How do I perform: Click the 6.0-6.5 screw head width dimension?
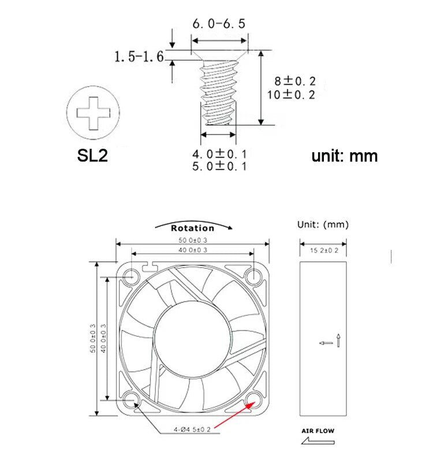(x=219, y=24)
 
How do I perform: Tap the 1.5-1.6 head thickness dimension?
(x=139, y=57)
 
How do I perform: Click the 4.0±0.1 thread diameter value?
(x=219, y=154)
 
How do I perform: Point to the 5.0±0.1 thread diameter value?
(x=219, y=166)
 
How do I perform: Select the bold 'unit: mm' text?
(x=345, y=156)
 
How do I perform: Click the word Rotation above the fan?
(x=192, y=228)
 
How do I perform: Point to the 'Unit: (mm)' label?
(x=323, y=225)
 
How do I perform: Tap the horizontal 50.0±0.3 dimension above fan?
(x=192, y=240)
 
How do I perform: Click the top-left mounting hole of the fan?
(x=131, y=277)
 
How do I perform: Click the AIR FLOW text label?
(x=318, y=431)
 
